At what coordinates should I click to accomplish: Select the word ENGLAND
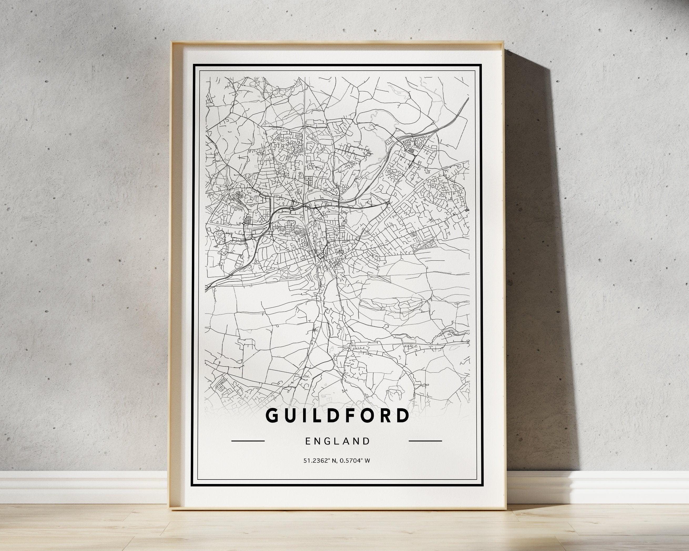point(338,441)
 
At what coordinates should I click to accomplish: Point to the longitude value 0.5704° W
point(355,461)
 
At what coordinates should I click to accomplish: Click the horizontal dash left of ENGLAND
point(248,441)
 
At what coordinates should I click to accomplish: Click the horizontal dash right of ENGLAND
point(425,441)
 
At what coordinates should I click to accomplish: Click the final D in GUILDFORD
point(402,415)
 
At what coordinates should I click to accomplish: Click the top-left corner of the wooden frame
point(172,42)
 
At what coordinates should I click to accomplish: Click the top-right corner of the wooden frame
point(504,50)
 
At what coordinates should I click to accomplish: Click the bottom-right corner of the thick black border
point(481,485)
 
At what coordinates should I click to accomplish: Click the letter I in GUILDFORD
point(305,415)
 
